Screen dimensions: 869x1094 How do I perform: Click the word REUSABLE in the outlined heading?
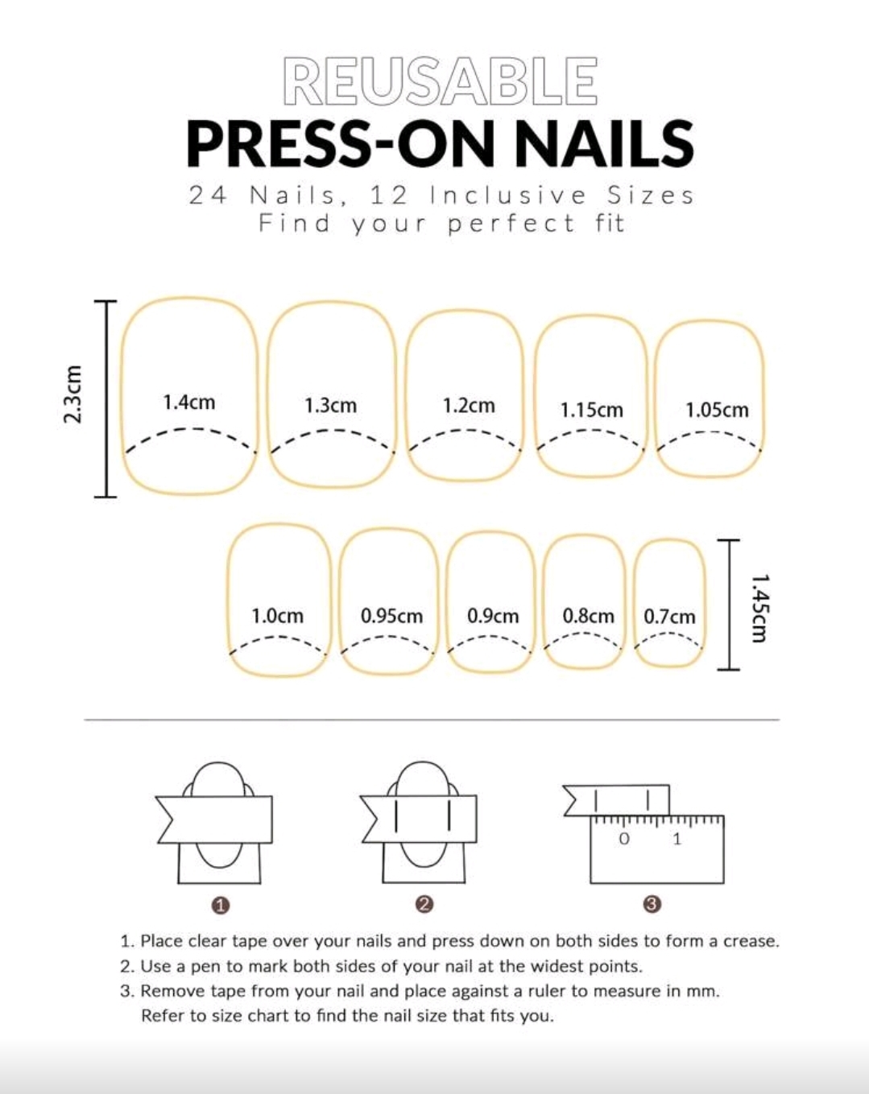[x=440, y=81]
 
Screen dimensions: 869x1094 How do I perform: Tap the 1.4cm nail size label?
[x=189, y=403]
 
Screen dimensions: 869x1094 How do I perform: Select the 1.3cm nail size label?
[x=331, y=406]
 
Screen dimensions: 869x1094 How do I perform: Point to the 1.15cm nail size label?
[x=592, y=410]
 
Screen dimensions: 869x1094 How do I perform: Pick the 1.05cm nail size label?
[x=718, y=410]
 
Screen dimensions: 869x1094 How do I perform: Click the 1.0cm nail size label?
[x=278, y=616]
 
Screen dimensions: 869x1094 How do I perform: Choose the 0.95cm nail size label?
[x=391, y=616]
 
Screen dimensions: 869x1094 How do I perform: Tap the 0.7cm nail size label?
[x=669, y=617]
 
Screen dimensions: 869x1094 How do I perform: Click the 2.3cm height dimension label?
[x=72, y=394]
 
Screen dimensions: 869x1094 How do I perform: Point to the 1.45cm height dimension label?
[x=760, y=609]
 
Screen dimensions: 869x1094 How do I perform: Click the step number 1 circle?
[x=221, y=906]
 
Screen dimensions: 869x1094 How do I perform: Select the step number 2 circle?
[x=424, y=904]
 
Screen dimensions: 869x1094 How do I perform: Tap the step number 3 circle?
[x=653, y=904]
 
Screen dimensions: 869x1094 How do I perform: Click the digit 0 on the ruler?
[x=624, y=839]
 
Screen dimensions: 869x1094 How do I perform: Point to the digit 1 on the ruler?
[x=677, y=839]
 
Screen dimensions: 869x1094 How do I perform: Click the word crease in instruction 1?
[x=751, y=942]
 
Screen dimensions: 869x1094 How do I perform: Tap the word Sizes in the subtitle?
[x=651, y=196]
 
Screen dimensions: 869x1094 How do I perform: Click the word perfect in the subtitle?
[x=511, y=224]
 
